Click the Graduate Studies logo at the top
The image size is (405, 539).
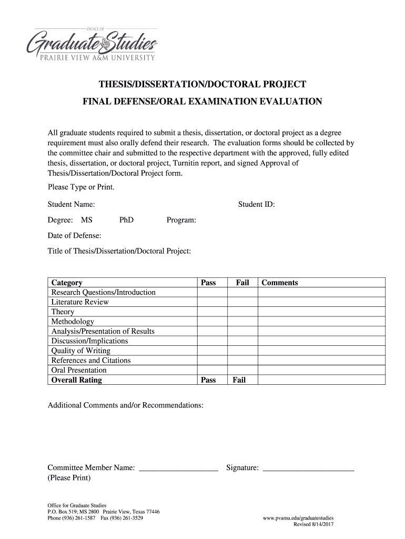point(95,43)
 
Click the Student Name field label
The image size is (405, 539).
point(71,204)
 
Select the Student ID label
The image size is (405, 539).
point(256,204)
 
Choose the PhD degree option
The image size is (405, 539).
point(126,220)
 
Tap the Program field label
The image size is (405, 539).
point(181,220)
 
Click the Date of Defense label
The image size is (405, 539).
point(74,235)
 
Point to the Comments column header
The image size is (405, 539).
point(279,283)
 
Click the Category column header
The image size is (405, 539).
point(66,283)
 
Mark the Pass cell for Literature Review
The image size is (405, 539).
point(212,302)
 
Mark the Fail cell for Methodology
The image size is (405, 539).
point(242,322)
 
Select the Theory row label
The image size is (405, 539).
point(63,312)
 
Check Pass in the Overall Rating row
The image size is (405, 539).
point(208,380)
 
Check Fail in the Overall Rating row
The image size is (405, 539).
point(239,380)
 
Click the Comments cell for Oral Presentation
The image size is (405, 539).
point(321,370)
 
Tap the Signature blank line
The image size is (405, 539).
point(308,468)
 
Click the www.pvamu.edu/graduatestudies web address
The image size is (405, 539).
point(298,518)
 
